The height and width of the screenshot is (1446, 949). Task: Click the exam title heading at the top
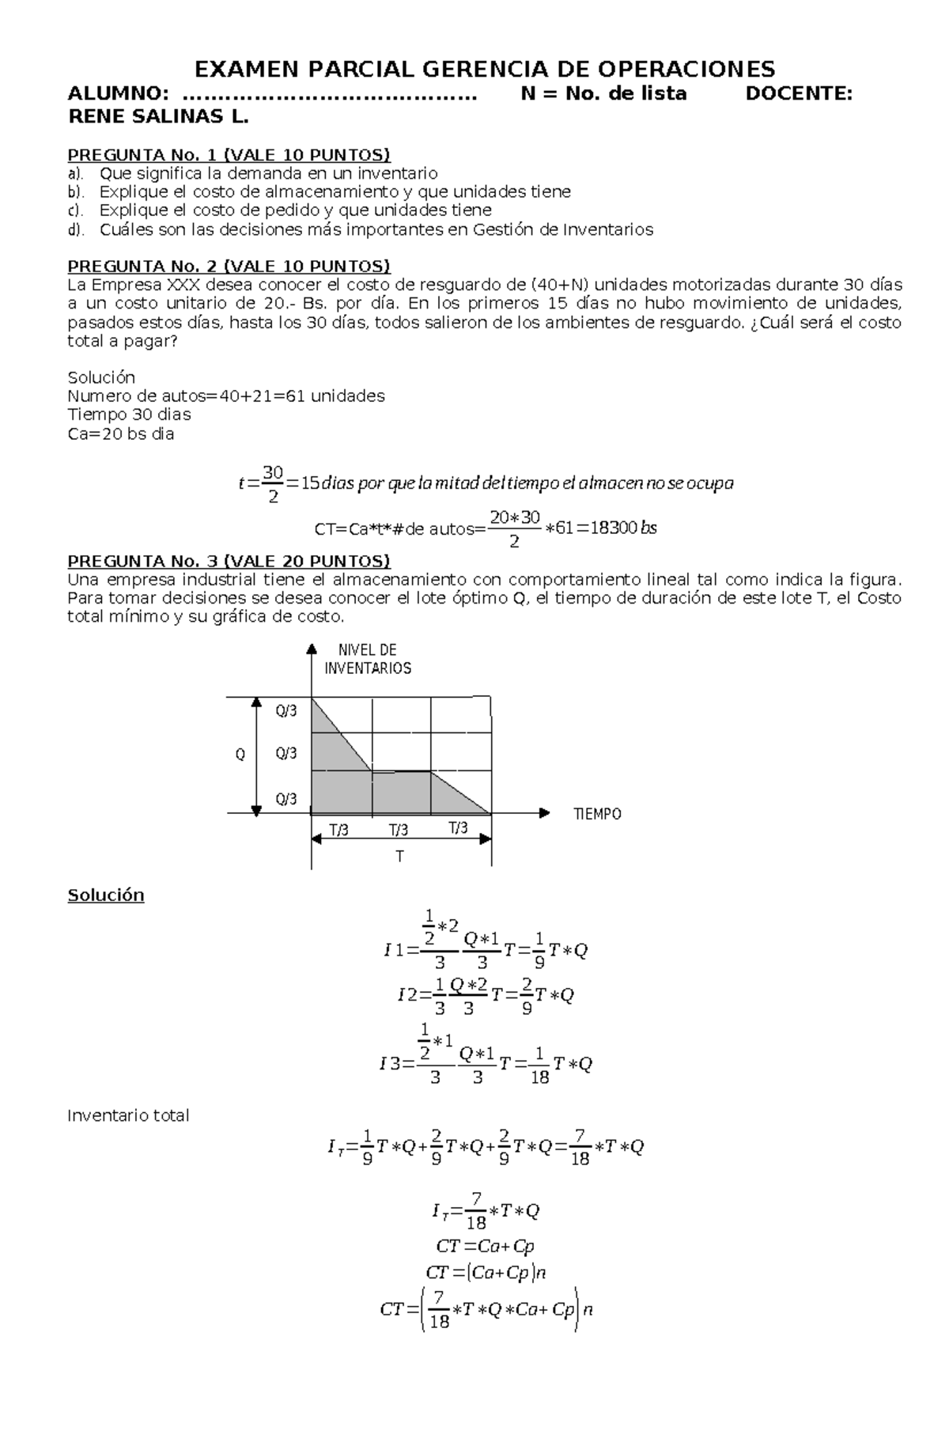(485, 69)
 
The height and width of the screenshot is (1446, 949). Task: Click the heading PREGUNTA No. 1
(229, 154)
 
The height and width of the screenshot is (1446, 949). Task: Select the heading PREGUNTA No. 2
(229, 265)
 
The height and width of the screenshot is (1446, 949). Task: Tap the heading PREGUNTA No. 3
(229, 561)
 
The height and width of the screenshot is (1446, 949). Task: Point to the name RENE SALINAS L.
(158, 117)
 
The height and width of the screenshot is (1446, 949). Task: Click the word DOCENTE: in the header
(799, 93)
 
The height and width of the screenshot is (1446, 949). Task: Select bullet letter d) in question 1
(75, 230)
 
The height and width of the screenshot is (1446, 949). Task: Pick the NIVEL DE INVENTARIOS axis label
(368, 659)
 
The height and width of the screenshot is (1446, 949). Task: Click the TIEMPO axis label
(597, 814)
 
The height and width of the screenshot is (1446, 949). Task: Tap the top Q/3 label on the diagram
(286, 711)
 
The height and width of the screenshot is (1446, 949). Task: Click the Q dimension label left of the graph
(240, 755)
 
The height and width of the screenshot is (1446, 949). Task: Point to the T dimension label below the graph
(400, 857)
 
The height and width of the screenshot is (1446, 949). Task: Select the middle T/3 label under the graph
(399, 830)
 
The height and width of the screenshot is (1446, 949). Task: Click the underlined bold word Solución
(106, 895)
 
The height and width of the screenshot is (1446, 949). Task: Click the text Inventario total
(128, 1115)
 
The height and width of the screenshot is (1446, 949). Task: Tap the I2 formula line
(485, 995)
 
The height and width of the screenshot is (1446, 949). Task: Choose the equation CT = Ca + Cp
(485, 1246)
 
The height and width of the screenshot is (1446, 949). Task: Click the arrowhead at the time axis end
(544, 812)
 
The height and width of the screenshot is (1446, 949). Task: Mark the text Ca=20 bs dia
(121, 433)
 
